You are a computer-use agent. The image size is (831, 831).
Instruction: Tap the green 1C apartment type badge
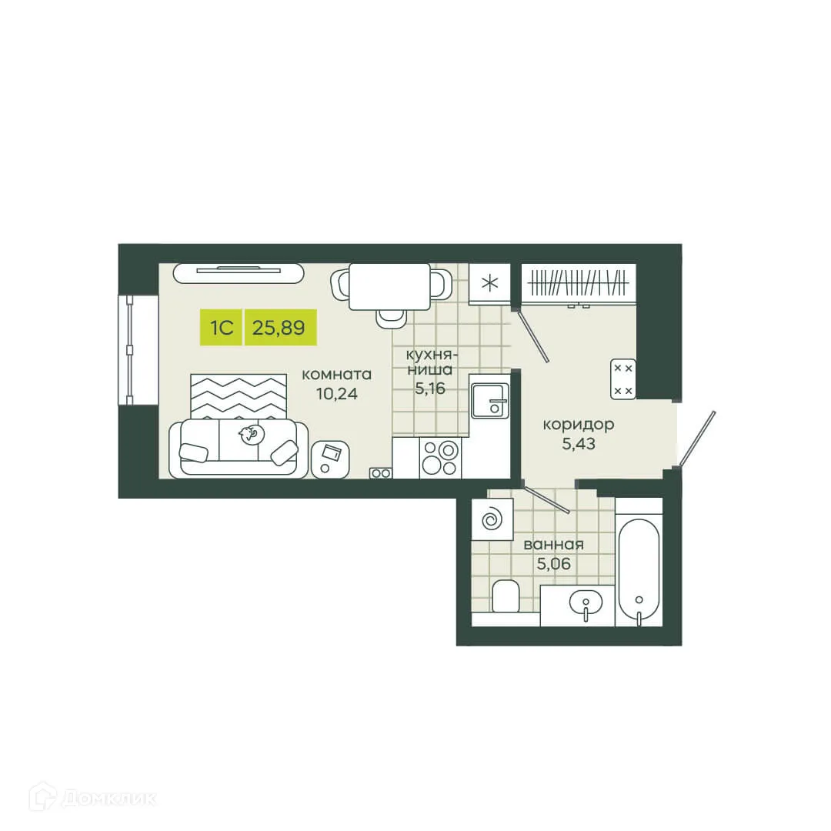[221, 328]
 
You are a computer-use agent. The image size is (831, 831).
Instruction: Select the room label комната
[336, 375]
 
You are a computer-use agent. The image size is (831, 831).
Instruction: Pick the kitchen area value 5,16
[430, 389]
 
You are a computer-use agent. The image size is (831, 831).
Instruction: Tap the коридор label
[578, 424]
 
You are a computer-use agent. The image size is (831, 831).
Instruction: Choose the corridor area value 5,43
[578, 443]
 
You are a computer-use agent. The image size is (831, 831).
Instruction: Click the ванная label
[553, 545]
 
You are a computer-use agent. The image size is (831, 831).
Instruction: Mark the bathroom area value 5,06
[553, 563]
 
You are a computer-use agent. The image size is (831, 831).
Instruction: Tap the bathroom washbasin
[586, 603]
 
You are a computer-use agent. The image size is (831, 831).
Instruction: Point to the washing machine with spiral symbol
[492, 519]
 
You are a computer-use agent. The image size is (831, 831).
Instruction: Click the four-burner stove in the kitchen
[440, 457]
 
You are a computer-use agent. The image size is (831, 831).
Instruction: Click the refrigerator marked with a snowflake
[489, 283]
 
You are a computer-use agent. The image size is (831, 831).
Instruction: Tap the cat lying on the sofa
[250, 436]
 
